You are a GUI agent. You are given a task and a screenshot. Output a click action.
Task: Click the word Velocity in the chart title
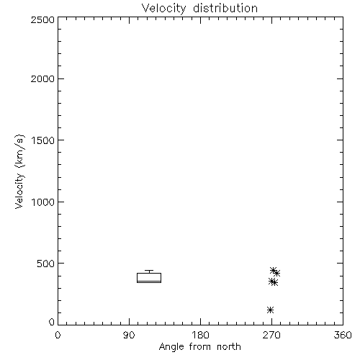[x=164, y=9]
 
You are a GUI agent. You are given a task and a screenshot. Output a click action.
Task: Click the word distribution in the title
[x=225, y=8]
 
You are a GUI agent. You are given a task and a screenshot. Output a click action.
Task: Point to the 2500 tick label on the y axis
[x=42, y=19]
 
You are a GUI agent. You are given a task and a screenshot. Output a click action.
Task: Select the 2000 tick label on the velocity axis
[x=42, y=78]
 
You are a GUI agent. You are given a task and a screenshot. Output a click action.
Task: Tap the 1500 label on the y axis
[x=43, y=140]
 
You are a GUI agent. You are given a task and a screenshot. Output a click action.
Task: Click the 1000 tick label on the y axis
[x=43, y=202]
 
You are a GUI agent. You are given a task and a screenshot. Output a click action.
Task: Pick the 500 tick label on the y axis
[x=46, y=264]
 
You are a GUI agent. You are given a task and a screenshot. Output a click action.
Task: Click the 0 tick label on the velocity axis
[x=52, y=322]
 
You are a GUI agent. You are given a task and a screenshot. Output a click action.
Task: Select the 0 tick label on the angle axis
[x=58, y=335]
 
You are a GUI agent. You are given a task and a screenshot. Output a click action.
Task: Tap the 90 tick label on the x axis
[x=129, y=335]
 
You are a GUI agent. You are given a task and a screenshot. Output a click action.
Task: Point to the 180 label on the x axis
[x=200, y=335]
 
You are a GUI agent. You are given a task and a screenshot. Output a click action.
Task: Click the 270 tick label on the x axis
[x=271, y=335]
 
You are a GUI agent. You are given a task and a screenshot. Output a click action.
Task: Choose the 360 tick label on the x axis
[x=343, y=335]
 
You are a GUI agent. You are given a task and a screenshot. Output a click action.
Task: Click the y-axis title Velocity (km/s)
[x=19, y=171]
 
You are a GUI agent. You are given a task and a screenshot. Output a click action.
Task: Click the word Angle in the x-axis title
[x=171, y=347]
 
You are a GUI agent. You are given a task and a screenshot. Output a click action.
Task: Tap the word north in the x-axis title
[x=229, y=346]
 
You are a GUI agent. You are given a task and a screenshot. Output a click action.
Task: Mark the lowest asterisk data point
[x=270, y=310]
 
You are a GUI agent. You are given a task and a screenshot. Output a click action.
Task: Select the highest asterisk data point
[x=273, y=270]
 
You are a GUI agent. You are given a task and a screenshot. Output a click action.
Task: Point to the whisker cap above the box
[x=149, y=271]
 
